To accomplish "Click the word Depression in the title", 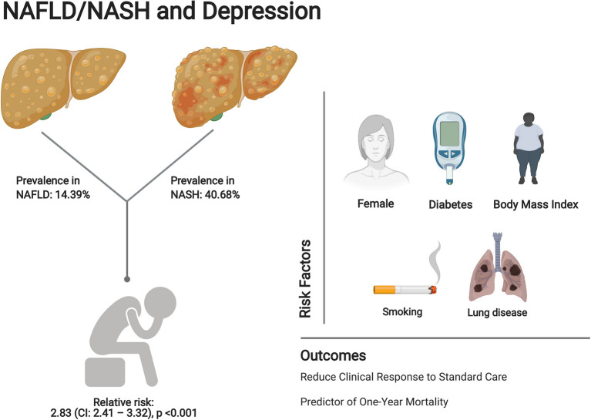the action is click(x=261, y=12).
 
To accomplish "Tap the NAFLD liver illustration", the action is click(x=63, y=88).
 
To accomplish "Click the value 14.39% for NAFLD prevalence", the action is click(x=72, y=194).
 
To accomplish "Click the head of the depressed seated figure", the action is click(x=160, y=303).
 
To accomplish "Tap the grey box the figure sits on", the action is click(x=105, y=372).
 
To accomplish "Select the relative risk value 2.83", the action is click(x=60, y=413).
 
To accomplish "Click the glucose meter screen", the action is click(x=449, y=133).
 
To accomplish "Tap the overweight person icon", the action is click(x=529, y=148).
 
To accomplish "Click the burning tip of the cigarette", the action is click(x=433, y=290).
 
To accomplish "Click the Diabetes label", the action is click(x=451, y=205).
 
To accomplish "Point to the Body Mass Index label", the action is click(x=536, y=204).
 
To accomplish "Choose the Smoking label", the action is click(x=402, y=312).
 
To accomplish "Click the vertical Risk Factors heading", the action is click(x=305, y=279).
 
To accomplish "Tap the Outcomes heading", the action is click(x=333, y=355).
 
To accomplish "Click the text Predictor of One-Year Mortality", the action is click(x=374, y=402).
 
